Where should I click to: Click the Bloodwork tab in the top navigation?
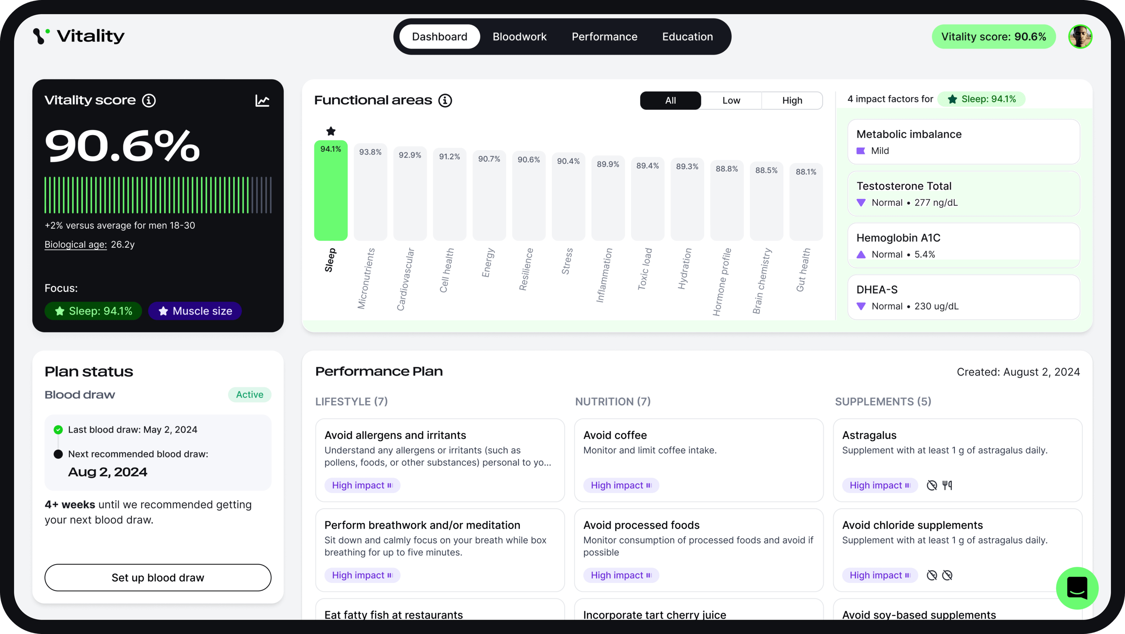[x=519, y=37]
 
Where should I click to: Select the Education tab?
[x=687, y=37]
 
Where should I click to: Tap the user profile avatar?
[x=1080, y=37]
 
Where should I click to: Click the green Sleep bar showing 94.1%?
[x=330, y=190]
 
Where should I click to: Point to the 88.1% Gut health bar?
[x=806, y=201]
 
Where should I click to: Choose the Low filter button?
[x=731, y=101]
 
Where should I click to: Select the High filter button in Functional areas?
[x=792, y=101]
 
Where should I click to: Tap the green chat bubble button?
[x=1077, y=588]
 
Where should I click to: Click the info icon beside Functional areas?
[x=445, y=101]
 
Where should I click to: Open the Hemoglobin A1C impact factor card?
[x=963, y=245]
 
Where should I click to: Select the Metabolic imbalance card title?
[x=909, y=134]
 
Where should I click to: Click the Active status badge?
[x=249, y=394]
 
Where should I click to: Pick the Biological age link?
[x=76, y=245]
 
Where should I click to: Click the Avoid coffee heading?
[x=615, y=435]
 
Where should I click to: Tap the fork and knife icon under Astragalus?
[x=947, y=485]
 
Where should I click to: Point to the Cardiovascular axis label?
[x=405, y=279]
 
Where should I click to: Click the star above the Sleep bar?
[x=330, y=131]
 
